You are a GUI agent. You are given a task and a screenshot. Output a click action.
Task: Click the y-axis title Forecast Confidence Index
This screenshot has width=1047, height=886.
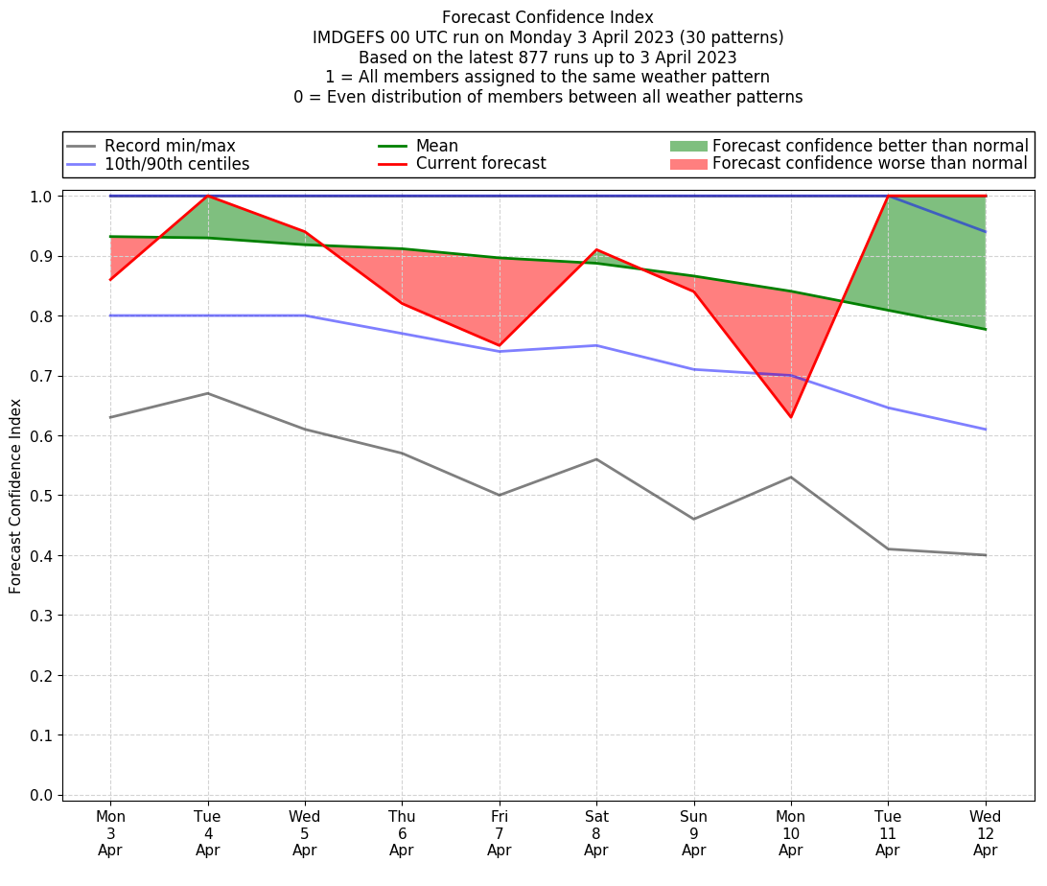point(15,496)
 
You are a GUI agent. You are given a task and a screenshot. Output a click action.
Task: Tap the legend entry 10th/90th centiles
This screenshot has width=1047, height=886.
point(176,164)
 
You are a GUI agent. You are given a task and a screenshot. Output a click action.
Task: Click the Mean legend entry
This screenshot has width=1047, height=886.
point(436,146)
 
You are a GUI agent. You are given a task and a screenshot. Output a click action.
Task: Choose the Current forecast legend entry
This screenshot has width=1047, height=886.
point(480,164)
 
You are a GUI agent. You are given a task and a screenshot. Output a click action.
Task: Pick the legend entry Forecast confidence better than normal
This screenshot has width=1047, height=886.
point(870,146)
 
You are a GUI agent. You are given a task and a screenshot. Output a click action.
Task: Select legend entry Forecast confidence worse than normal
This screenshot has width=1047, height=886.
point(870,164)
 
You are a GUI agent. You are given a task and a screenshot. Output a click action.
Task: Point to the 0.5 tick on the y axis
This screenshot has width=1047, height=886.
point(41,496)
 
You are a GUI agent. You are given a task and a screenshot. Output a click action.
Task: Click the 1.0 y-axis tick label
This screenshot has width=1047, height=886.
point(41,197)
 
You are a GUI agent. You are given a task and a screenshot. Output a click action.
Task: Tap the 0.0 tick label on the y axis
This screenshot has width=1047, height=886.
point(41,795)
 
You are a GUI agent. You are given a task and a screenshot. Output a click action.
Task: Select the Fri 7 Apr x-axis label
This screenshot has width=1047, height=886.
point(499,833)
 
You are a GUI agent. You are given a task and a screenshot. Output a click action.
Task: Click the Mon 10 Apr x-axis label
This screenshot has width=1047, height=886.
point(790,833)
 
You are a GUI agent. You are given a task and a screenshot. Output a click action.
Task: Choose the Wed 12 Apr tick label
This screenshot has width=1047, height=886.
point(985,833)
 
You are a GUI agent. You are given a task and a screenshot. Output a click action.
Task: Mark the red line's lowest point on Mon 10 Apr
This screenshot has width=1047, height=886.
point(790,417)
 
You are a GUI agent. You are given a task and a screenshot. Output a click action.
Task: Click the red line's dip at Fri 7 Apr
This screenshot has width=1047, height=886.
point(499,345)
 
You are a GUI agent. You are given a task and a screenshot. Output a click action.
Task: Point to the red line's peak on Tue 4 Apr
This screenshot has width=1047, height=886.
point(207,197)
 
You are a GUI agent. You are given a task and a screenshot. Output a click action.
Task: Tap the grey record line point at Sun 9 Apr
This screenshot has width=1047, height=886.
point(693,519)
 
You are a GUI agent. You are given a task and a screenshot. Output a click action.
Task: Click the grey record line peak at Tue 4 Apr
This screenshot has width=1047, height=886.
point(207,393)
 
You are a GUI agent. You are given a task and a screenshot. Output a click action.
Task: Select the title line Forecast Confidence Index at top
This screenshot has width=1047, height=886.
point(547,17)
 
